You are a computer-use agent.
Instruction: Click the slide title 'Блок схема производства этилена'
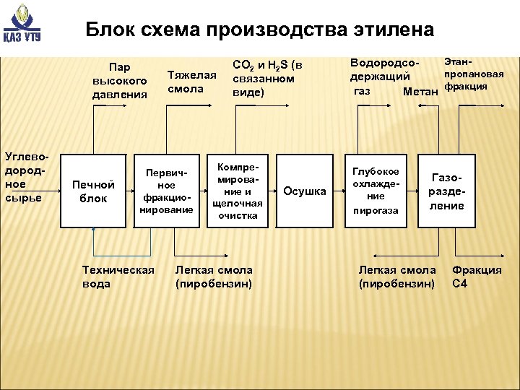coord(259,30)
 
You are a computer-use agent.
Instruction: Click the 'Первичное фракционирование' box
coord(169,191)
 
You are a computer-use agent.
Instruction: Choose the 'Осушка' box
coord(305,191)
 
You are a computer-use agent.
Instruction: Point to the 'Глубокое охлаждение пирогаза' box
coord(375,191)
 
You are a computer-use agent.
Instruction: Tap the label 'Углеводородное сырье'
coord(27,177)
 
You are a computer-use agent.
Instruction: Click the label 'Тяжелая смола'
coord(191,82)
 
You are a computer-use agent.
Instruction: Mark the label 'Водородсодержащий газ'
coord(380,77)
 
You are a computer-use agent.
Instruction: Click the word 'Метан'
coord(421,92)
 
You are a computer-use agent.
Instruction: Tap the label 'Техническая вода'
coord(118,277)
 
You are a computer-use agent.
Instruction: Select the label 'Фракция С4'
coord(477,277)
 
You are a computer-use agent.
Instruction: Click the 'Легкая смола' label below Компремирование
coord(214,277)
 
